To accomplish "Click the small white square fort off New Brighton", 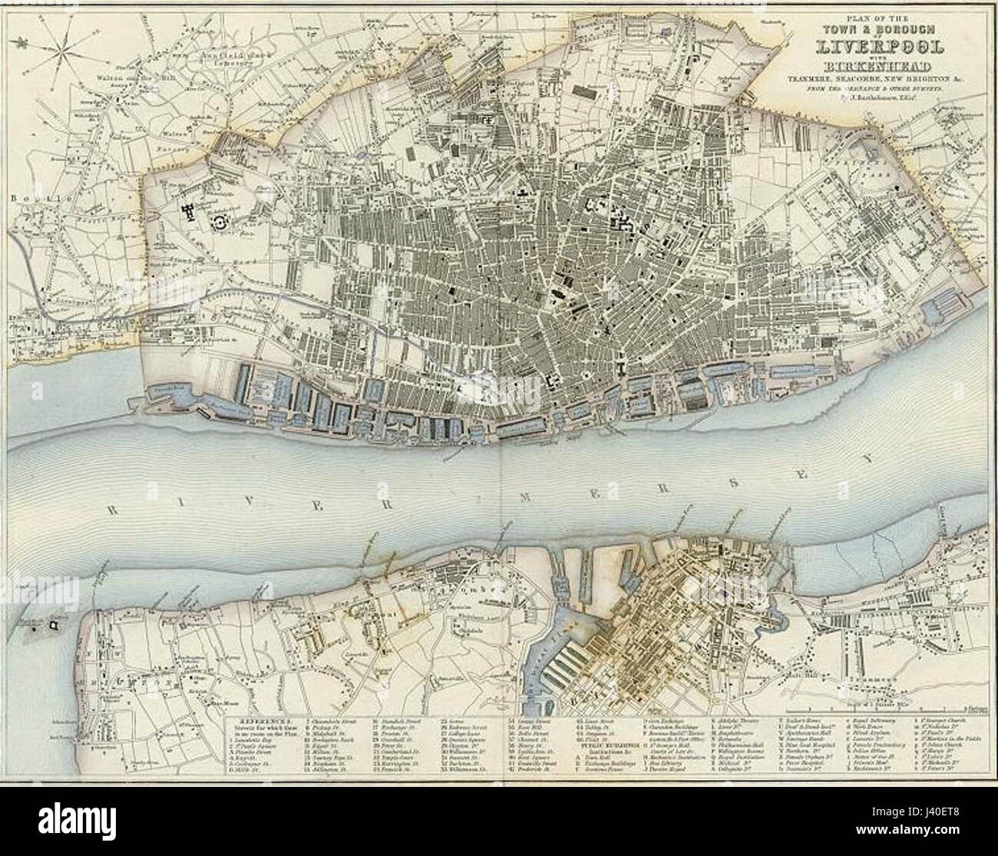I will click(x=52, y=626).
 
